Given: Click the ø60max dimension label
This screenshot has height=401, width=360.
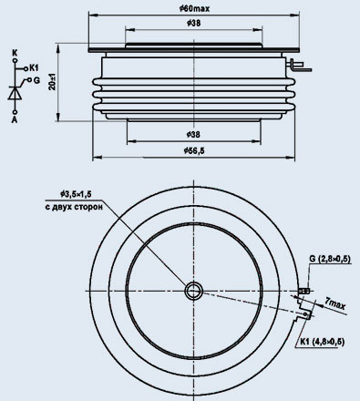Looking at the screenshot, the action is pyautogui.click(x=194, y=9).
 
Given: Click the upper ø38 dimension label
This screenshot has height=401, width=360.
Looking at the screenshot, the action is pyautogui.click(x=194, y=23).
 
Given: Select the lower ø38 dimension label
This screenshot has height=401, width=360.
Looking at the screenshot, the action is pyautogui.click(x=194, y=134).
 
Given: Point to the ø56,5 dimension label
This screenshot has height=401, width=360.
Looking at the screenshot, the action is pyautogui.click(x=194, y=150).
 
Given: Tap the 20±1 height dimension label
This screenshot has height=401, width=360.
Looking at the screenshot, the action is pyautogui.click(x=52, y=81).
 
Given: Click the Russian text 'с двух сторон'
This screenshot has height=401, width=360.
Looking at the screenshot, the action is pyautogui.click(x=74, y=207).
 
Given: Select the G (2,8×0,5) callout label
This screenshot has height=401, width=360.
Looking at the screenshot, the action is pyautogui.click(x=330, y=259).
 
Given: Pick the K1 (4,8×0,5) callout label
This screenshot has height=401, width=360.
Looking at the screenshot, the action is pyautogui.click(x=322, y=342).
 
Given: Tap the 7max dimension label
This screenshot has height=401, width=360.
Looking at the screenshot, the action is pyautogui.click(x=334, y=303).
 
